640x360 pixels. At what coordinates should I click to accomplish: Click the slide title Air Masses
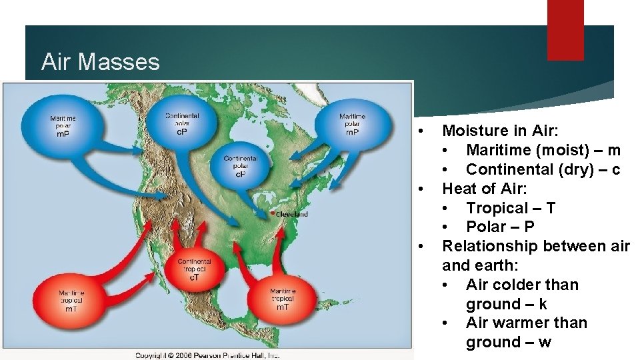point(100,62)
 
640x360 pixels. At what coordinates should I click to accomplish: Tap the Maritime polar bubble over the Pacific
point(62,125)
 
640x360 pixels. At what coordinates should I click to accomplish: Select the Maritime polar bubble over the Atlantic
point(351,124)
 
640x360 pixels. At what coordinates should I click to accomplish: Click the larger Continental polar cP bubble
point(181,123)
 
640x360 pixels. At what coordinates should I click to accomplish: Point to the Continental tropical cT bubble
point(194,269)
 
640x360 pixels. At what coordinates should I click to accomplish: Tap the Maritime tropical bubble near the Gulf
point(283,299)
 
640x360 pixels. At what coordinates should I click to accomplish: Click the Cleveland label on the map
point(292,214)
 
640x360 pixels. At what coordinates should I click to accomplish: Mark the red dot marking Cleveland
point(273,213)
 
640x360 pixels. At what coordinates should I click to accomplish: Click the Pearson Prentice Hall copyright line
point(207,355)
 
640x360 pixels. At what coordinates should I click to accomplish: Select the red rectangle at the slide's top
point(565,30)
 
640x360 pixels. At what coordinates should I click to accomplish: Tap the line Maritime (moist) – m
point(543,150)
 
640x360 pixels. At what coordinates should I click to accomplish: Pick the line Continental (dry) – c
point(543,169)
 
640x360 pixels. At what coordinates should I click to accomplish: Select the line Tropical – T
point(510,208)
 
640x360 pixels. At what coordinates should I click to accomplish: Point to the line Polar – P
point(500,227)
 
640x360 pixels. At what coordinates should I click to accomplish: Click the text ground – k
point(506,304)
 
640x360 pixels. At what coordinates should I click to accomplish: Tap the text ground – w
point(508,342)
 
